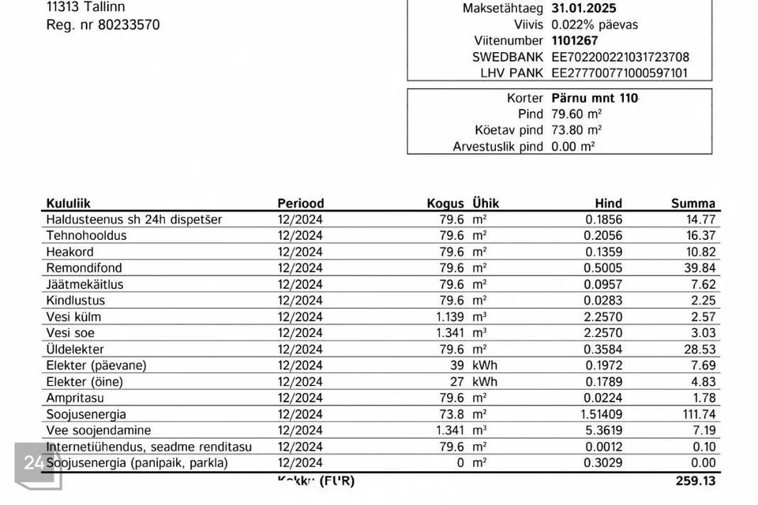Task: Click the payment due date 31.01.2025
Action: click(x=584, y=8)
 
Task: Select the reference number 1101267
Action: click(x=574, y=40)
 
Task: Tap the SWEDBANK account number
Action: click(x=620, y=57)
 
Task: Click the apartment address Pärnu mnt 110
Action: click(x=595, y=99)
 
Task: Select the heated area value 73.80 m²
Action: click(x=576, y=130)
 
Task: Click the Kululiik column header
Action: click(x=68, y=203)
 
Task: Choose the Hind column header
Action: click(x=608, y=203)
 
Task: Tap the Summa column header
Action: click(x=692, y=203)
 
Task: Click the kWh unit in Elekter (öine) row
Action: click(x=485, y=382)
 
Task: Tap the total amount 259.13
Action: click(x=696, y=481)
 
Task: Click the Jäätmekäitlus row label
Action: click(x=84, y=284)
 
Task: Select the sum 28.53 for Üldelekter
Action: click(x=700, y=350)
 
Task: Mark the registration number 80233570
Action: click(x=128, y=24)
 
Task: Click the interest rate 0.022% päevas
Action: click(x=595, y=24)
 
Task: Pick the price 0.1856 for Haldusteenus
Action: click(x=602, y=219)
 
